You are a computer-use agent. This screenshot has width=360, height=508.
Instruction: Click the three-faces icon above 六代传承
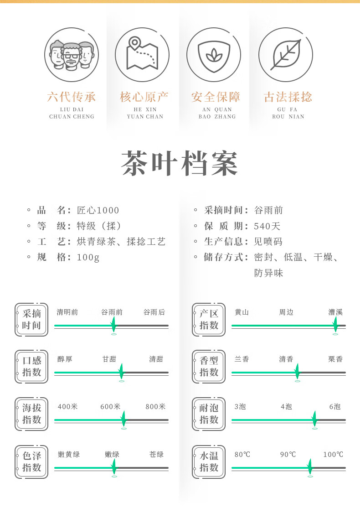(x=72, y=54)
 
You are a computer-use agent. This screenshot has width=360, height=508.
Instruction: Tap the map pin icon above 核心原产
(x=142, y=54)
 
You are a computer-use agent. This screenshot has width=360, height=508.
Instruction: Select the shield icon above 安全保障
(x=214, y=54)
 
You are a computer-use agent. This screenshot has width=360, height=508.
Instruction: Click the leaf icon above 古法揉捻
(x=286, y=54)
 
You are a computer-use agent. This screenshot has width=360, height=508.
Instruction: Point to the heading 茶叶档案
(x=180, y=163)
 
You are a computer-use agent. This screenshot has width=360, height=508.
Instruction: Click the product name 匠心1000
(x=98, y=210)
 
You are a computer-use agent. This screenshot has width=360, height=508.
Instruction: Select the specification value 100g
(x=88, y=257)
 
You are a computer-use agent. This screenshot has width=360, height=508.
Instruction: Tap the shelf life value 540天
(x=267, y=226)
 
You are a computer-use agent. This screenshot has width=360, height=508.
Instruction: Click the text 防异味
(x=268, y=273)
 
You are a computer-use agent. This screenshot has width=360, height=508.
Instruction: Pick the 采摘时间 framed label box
(x=31, y=320)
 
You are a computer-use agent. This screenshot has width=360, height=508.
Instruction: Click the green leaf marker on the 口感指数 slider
(x=121, y=372)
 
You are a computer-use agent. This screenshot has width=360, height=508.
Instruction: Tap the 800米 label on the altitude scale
(x=155, y=407)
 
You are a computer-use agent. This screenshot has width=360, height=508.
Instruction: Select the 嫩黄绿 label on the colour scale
(x=69, y=454)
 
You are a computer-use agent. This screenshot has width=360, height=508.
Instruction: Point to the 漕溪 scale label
(x=335, y=312)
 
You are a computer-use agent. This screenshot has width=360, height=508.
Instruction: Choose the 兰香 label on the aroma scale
(x=242, y=359)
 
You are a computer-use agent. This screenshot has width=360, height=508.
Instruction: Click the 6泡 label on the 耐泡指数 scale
(x=335, y=407)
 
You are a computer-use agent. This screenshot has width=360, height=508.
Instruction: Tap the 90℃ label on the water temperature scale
(x=288, y=454)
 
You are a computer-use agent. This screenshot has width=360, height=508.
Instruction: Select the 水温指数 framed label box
(x=209, y=461)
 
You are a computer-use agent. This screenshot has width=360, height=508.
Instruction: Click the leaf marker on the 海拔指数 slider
(x=123, y=419)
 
